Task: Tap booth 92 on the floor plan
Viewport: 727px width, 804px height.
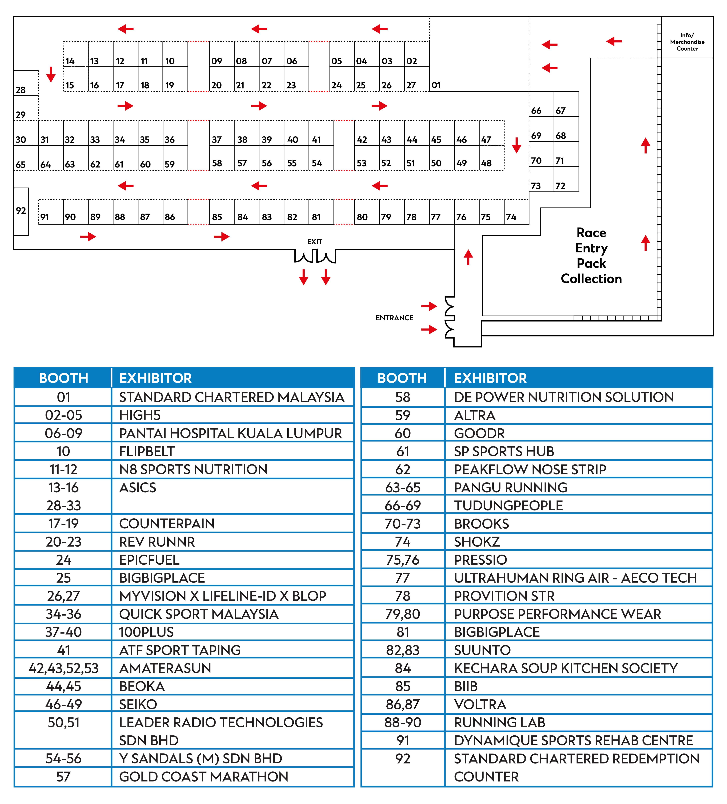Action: point(21,211)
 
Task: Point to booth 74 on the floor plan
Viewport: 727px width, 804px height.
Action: point(516,212)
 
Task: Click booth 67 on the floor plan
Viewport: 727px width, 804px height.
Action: point(566,104)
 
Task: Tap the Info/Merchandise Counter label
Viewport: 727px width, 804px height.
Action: point(687,42)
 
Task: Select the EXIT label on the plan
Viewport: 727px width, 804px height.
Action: point(314,242)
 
